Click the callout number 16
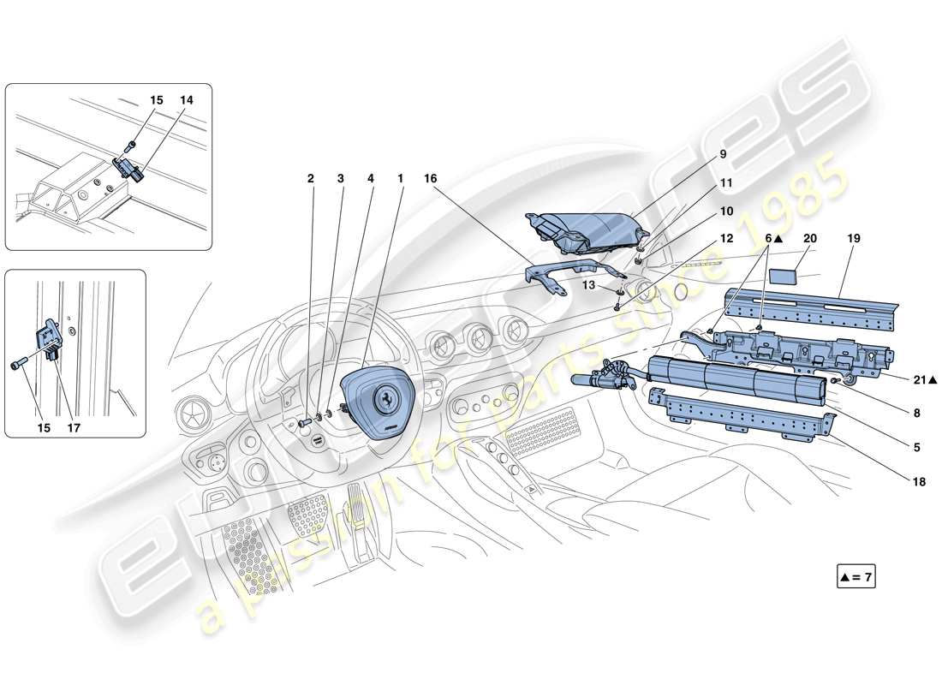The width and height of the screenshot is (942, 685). [430, 178]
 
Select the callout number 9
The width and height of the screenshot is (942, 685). [723, 154]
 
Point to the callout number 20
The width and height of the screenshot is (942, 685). [810, 240]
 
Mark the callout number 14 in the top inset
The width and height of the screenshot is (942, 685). [187, 100]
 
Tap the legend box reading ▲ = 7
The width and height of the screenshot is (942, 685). [856, 577]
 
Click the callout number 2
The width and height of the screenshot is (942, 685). [311, 178]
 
